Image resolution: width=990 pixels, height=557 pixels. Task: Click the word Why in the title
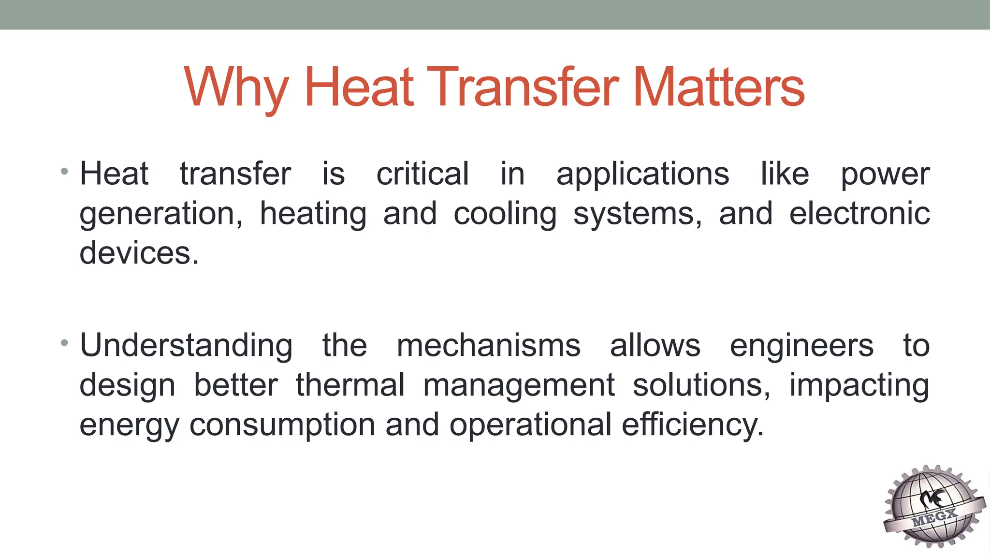click(236, 88)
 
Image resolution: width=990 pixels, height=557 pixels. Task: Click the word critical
click(422, 174)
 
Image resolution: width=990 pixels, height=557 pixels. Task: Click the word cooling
click(505, 215)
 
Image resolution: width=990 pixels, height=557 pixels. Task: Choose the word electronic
click(859, 214)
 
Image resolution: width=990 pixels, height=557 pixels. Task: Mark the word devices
click(139, 253)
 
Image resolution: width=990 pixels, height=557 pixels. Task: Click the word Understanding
click(186, 346)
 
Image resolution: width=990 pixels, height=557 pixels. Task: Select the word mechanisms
click(489, 346)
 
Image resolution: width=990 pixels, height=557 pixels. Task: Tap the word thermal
click(350, 385)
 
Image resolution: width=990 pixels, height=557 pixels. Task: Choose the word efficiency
click(692, 425)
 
